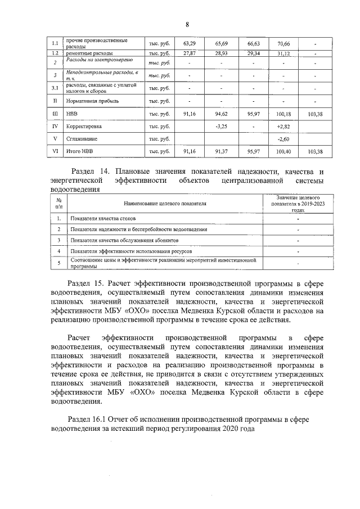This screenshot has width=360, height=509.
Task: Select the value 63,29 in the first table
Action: pos(190,43)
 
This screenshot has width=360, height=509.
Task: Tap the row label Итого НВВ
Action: pos(80,151)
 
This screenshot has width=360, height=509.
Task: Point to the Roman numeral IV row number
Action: pos(55,127)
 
